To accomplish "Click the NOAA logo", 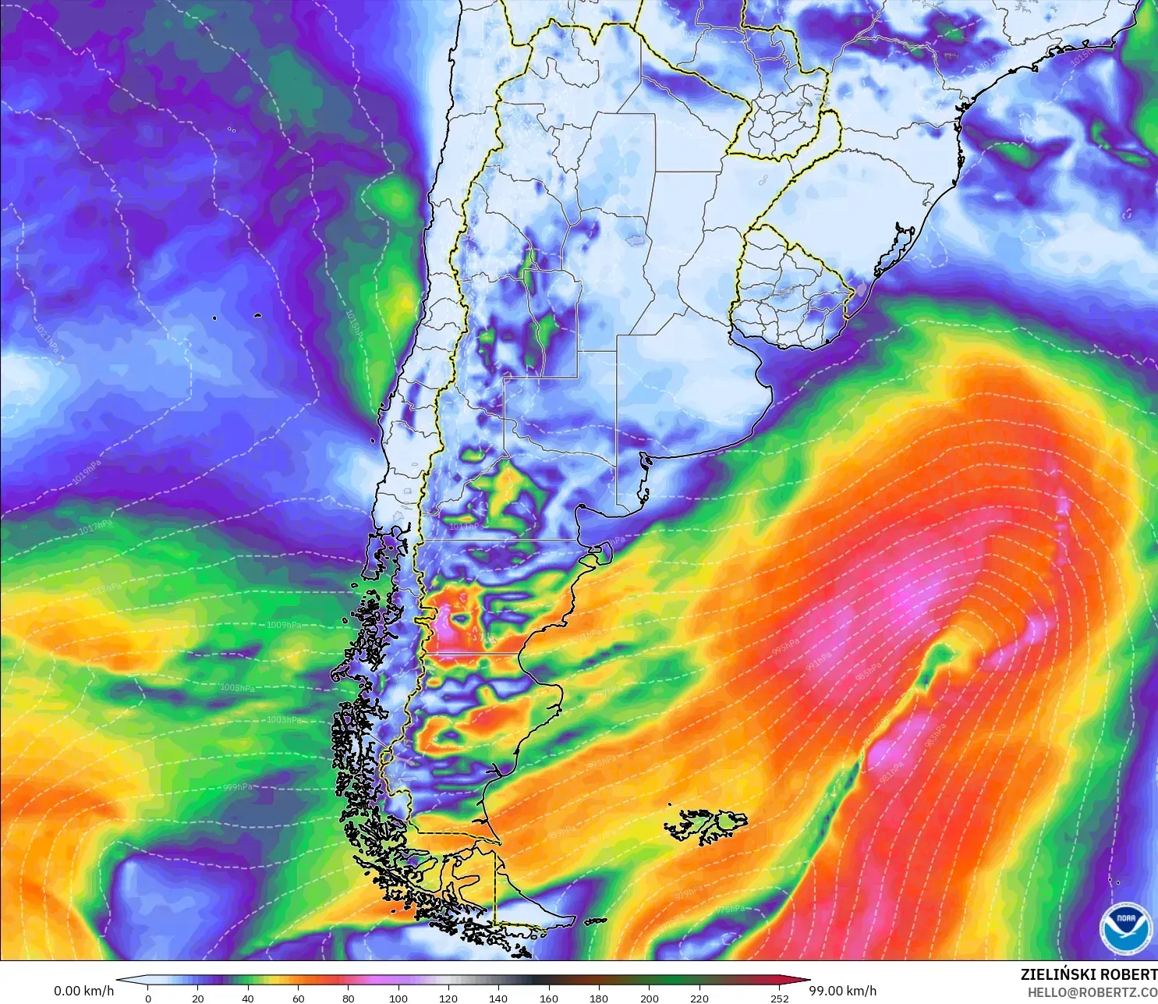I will (x=1125, y=928).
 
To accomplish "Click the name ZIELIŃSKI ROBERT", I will (x=1089, y=974).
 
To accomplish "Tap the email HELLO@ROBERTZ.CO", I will (x=1092, y=992).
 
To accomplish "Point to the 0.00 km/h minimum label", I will (x=83, y=991).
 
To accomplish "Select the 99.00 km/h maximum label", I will (x=842, y=991).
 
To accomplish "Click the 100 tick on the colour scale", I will (x=398, y=998).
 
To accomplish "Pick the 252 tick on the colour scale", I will (x=780, y=998).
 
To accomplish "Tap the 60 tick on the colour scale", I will (x=298, y=998).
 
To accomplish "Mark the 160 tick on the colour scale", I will (x=549, y=998).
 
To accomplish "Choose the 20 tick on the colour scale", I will (x=198, y=998).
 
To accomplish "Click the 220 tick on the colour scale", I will (x=699, y=998).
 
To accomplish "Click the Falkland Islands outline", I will (x=706, y=825).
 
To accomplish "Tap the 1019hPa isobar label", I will (x=87, y=473).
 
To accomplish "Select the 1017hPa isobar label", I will (x=94, y=529).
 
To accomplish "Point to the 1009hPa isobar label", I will (x=284, y=625).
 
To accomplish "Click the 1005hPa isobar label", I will (x=237, y=688).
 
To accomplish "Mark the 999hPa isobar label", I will (x=238, y=787).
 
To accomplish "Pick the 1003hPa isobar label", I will (x=284, y=719).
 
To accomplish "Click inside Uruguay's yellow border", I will (x=788, y=293).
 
